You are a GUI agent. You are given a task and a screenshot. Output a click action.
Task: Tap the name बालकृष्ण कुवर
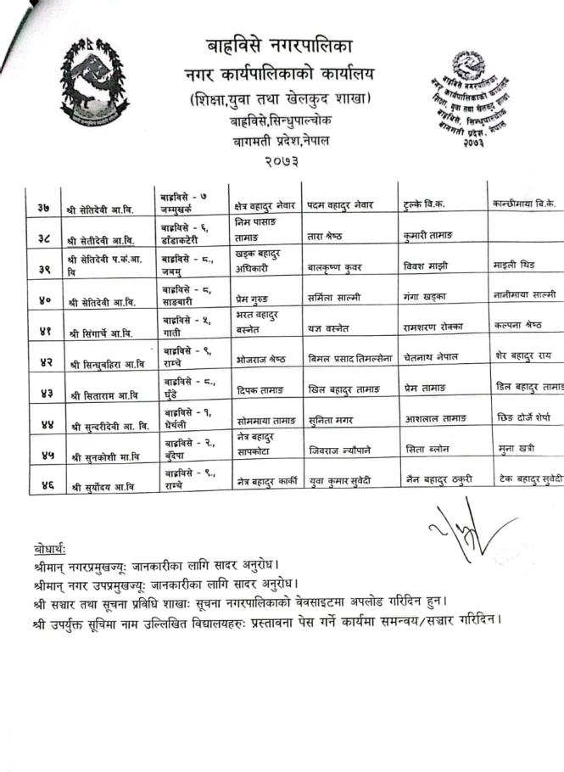335,267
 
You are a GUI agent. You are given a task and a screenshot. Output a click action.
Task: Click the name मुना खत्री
516,450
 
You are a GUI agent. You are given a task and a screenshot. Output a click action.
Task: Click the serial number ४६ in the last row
42,484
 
